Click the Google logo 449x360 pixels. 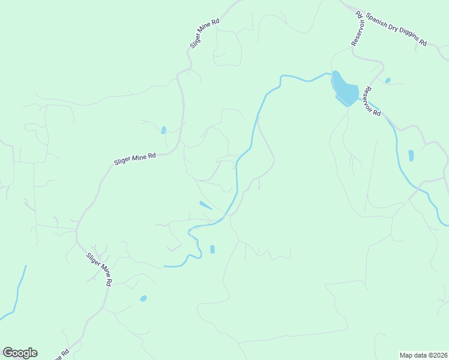20,353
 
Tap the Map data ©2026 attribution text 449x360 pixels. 423,355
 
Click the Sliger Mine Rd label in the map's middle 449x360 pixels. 135,159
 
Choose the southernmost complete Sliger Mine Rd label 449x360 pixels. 100,268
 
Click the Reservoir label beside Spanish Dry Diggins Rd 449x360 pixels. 357,28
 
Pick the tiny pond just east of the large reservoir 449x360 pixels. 388,80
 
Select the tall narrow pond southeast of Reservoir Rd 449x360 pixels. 411,155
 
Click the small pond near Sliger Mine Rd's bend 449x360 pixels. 163,130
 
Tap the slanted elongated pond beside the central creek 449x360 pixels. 205,205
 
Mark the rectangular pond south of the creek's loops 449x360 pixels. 212,249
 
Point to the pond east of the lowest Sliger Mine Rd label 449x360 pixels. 143,298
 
